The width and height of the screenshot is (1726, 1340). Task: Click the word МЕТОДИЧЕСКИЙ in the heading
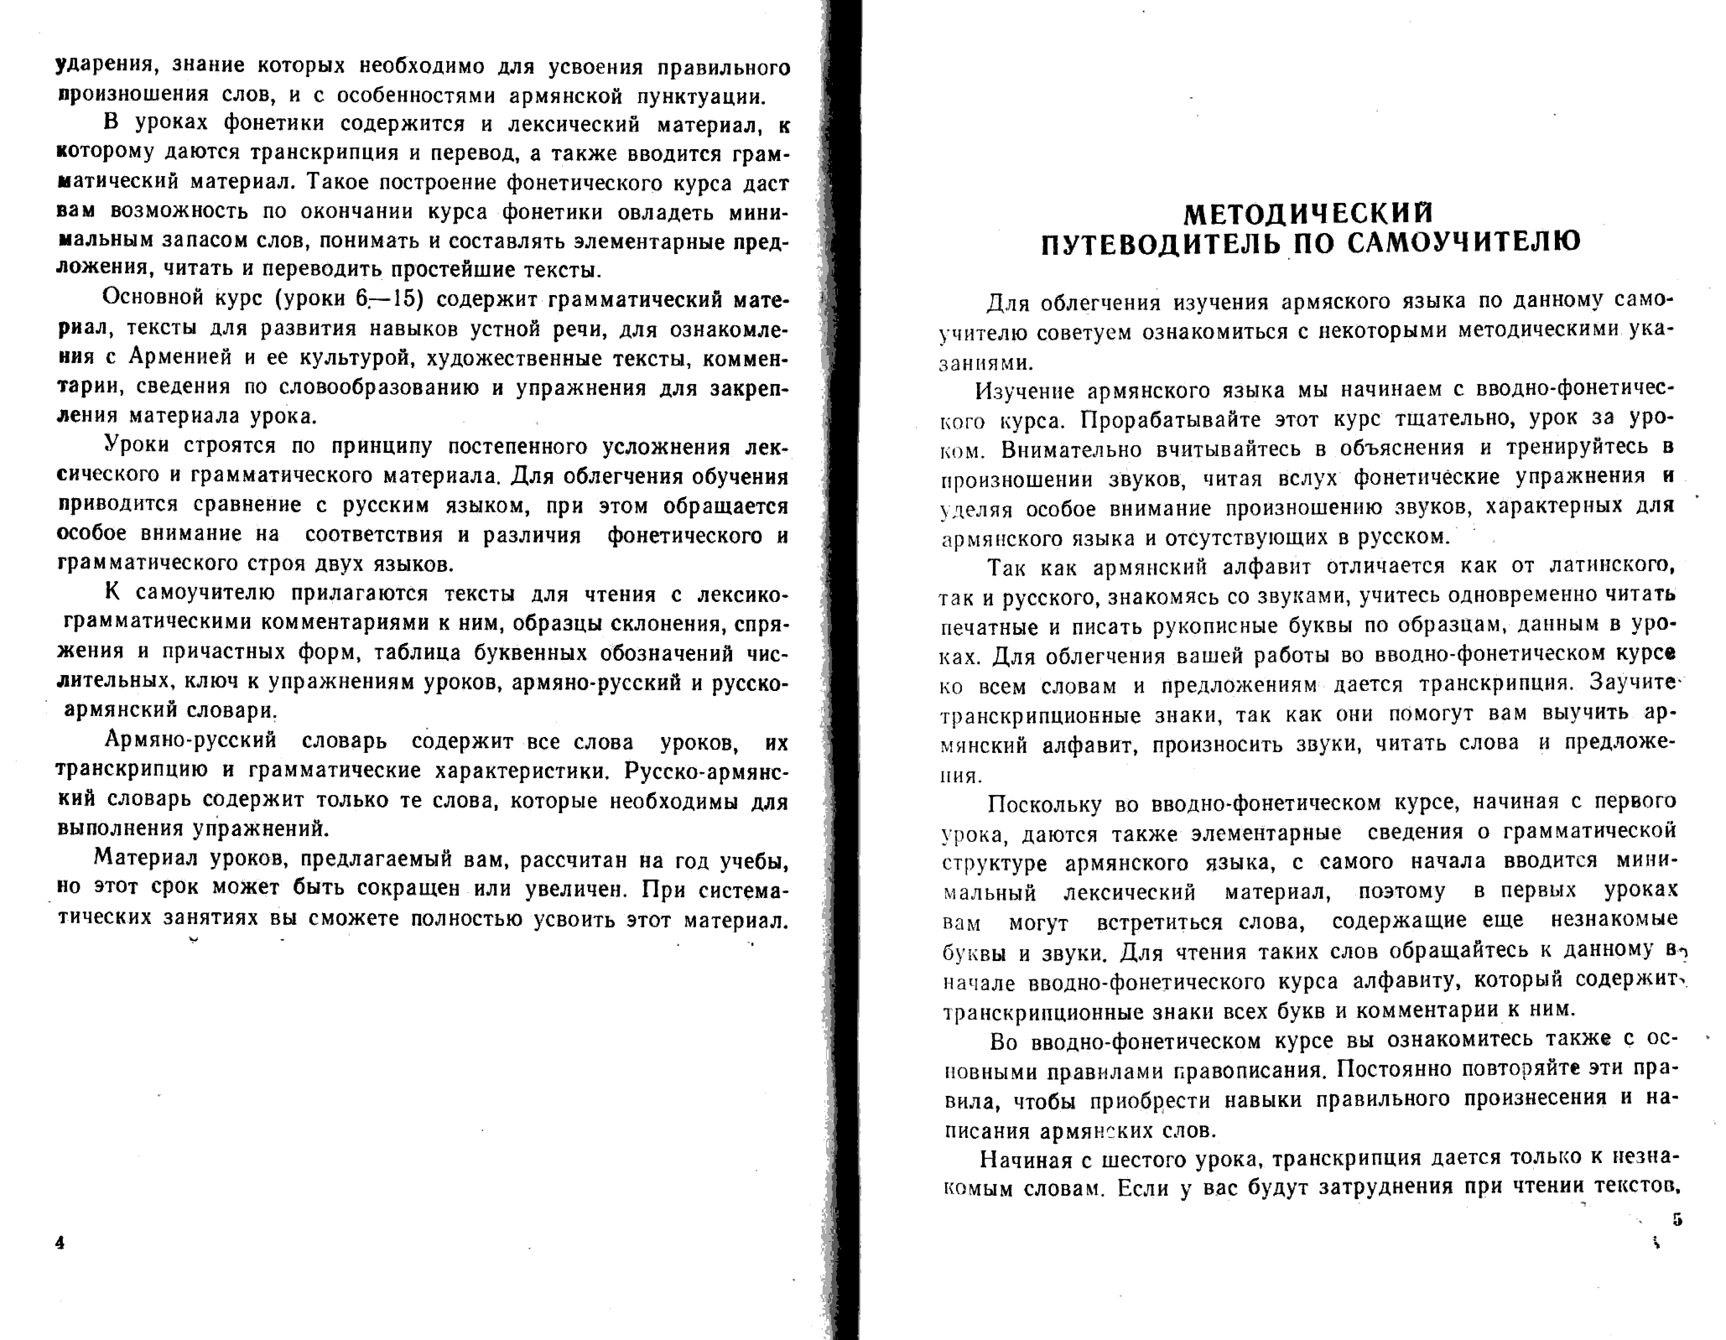1308,213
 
